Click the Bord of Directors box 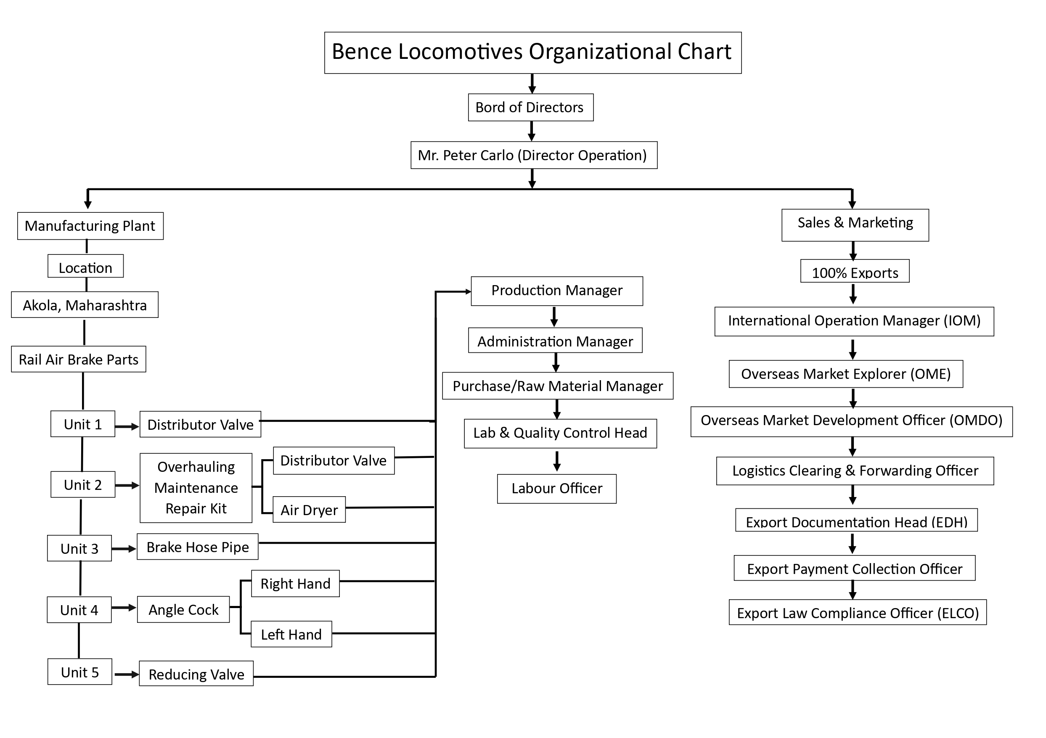coord(530,108)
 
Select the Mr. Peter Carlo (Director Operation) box coord(533,155)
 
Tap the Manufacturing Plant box coord(90,226)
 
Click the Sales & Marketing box coord(855,225)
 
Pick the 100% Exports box coord(855,272)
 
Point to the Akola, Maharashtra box coord(85,305)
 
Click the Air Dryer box coord(309,510)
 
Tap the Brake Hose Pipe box coord(197,547)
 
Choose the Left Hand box coord(291,634)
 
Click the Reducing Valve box coord(196,674)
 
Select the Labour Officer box coord(556,489)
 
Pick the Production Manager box coord(556,291)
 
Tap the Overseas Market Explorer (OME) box coord(845,374)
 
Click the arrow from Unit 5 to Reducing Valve coord(126,674)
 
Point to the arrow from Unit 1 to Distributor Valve coord(127,426)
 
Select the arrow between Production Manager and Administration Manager coord(554,317)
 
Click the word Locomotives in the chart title coord(460,51)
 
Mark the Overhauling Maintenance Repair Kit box coord(196,488)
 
